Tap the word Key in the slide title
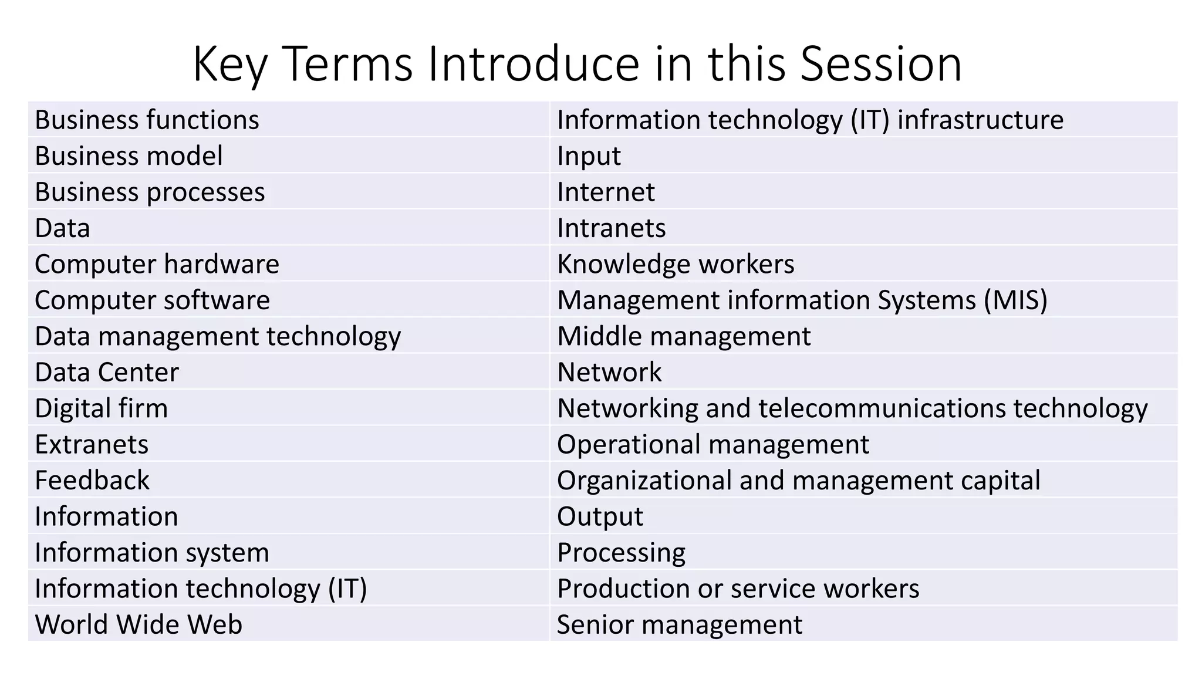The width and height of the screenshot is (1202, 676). pos(229,65)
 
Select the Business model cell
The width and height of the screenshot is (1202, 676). pos(129,156)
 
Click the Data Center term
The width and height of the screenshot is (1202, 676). pos(107,373)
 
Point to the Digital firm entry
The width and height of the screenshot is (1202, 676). pos(102,408)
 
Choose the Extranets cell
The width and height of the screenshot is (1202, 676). pos(92,445)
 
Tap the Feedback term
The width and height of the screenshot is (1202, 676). pos(92,481)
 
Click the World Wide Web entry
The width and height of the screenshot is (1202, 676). pos(139,624)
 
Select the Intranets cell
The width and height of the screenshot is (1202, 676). pos(611,228)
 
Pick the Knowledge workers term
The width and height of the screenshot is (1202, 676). pos(676,264)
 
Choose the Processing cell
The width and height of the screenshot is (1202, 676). pos(621,553)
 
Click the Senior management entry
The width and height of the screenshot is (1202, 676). pos(679,624)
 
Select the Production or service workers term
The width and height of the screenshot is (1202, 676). pos(738,589)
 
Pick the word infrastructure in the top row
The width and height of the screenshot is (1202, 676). pos(980,120)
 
